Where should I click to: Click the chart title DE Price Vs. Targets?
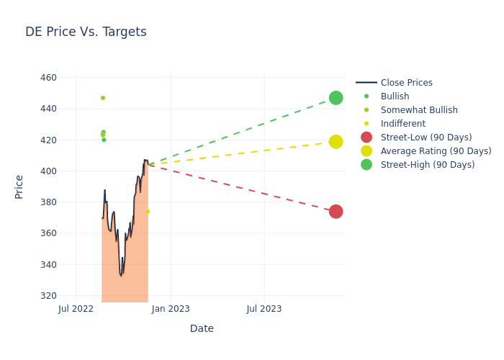[86, 32]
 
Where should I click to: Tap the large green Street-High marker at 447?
[336, 98]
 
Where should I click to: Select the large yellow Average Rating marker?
[336, 142]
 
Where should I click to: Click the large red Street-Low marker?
[336, 212]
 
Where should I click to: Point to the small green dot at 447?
[103, 98]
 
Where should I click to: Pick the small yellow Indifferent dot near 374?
[148, 212]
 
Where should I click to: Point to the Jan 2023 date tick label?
[171, 309]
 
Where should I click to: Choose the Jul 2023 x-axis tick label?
[264, 309]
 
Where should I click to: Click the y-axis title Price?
[19, 186]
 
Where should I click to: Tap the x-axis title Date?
[202, 328]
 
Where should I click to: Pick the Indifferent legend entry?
[402, 124]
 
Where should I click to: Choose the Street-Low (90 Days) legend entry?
[426, 138]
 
